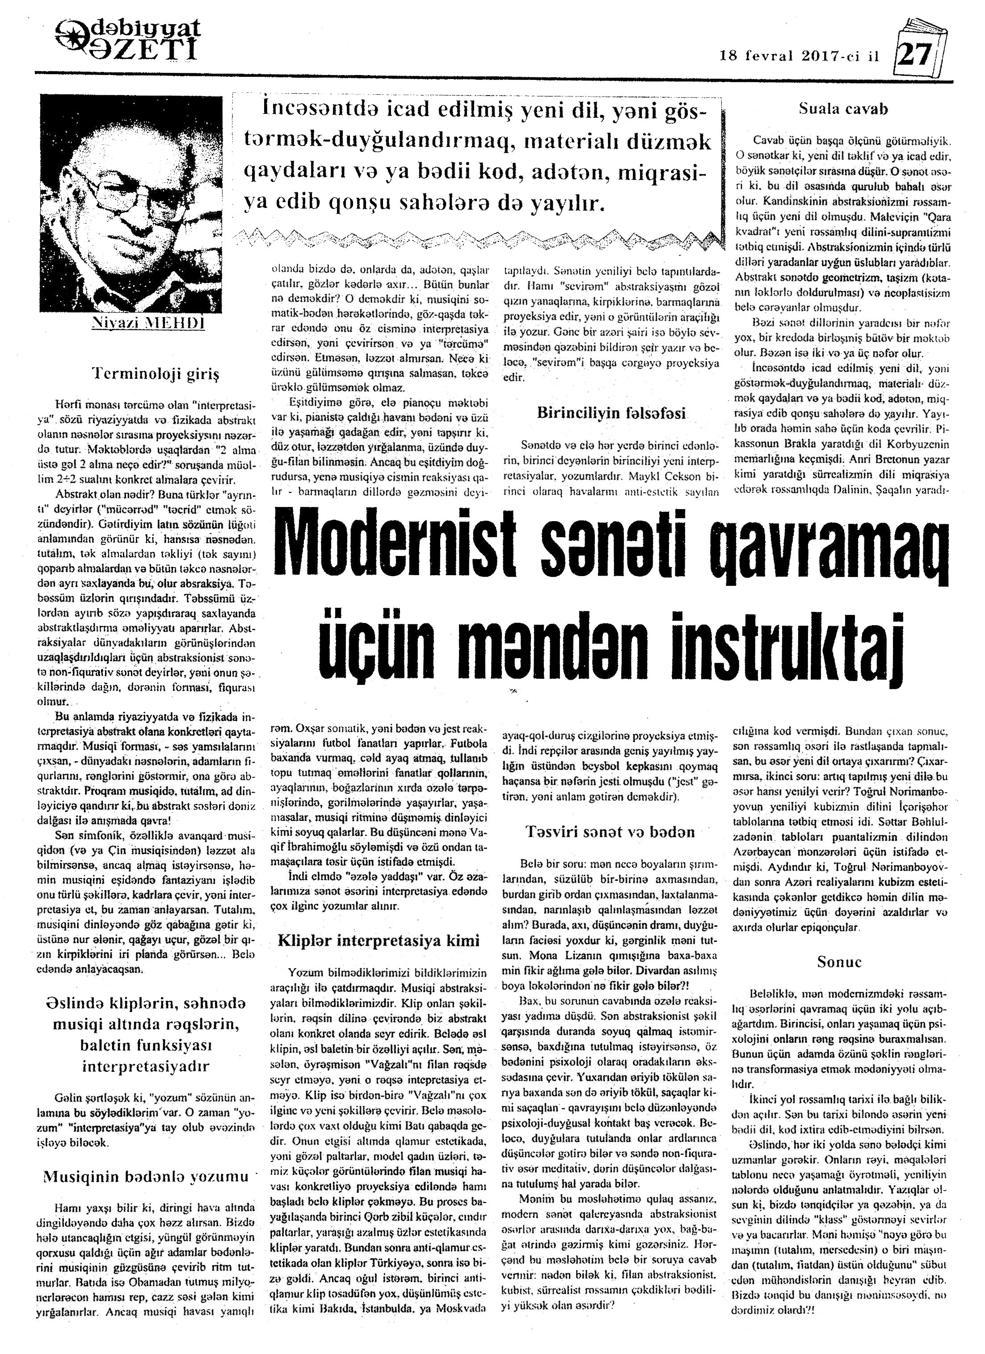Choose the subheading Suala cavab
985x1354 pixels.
[x=843, y=109]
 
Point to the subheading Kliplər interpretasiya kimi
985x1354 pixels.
[x=379, y=941]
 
